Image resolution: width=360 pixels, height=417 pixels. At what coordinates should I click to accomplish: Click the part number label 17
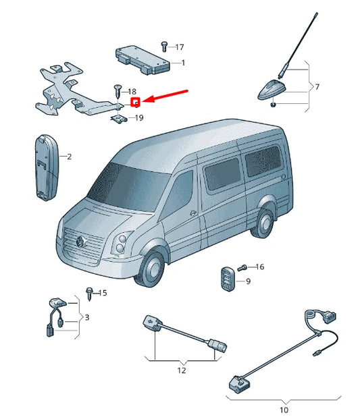pos(180,47)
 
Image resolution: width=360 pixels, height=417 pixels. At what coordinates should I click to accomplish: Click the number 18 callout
pos(132,91)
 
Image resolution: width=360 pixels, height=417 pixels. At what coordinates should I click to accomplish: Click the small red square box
pos(135,103)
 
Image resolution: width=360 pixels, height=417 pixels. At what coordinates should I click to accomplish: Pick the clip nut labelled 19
pos(119,118)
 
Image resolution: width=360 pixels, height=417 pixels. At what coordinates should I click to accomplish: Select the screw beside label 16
pos(245,267)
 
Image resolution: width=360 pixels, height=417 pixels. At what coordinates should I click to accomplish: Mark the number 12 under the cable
pos(181,370)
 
